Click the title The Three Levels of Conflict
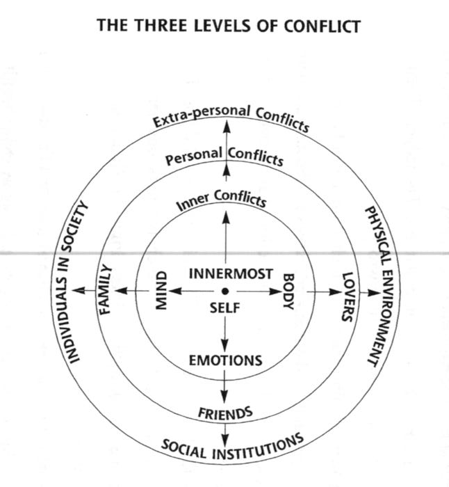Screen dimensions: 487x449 (x=229, y=26)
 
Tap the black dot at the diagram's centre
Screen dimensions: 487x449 (x=225, y=291)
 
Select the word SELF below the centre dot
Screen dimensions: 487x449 (x=224, y=308)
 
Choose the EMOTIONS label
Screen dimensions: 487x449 (x=225, y=360)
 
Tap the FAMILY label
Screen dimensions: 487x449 (x=106, y=290)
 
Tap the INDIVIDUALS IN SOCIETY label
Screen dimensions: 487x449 (x=75, y=281)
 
